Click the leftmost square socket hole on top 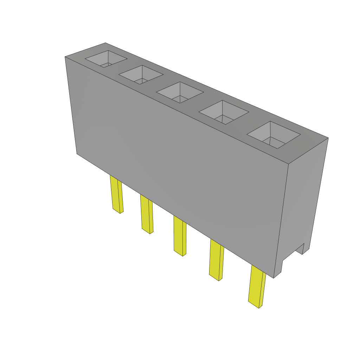(x=106, y=59)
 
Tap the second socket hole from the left (x=141, y=75)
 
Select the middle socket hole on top (x=180, y=92)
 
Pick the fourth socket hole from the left (x=224, y=112)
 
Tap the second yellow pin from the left (x=147, y=214)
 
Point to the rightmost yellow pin (x=257, y=286)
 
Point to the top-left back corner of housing (x=105, y=43)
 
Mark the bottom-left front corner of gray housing (x=77, y=154)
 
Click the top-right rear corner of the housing (x=328, y=138)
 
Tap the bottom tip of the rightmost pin (x=258, y=308)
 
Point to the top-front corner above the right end (x=288, y=164)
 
